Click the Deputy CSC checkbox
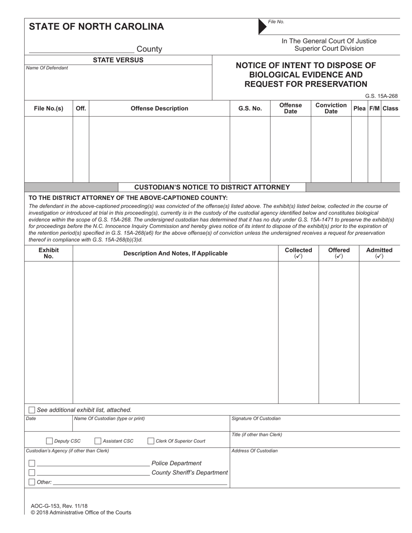click(49, 441)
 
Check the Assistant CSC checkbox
click(98, 441)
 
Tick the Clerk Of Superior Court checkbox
click(151, 441)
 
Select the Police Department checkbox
click(32, 463)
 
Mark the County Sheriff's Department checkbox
click(32, 472)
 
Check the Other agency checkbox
click(32, 482)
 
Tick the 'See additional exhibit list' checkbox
click(32, 410)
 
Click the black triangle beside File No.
click(262, 26)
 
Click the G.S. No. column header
click(250, 108)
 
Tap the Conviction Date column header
click(331, 108)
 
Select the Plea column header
click(360, 108)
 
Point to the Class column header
click(390, 108)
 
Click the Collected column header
click(298, 253)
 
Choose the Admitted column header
click(379, 253)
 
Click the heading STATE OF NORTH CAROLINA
click(96, 26)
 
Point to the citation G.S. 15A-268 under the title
click(381, 96)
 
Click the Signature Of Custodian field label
click(256, 419)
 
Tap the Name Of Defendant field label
click(47, 68)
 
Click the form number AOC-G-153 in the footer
click(59, 506)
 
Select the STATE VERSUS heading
click(118, 60)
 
